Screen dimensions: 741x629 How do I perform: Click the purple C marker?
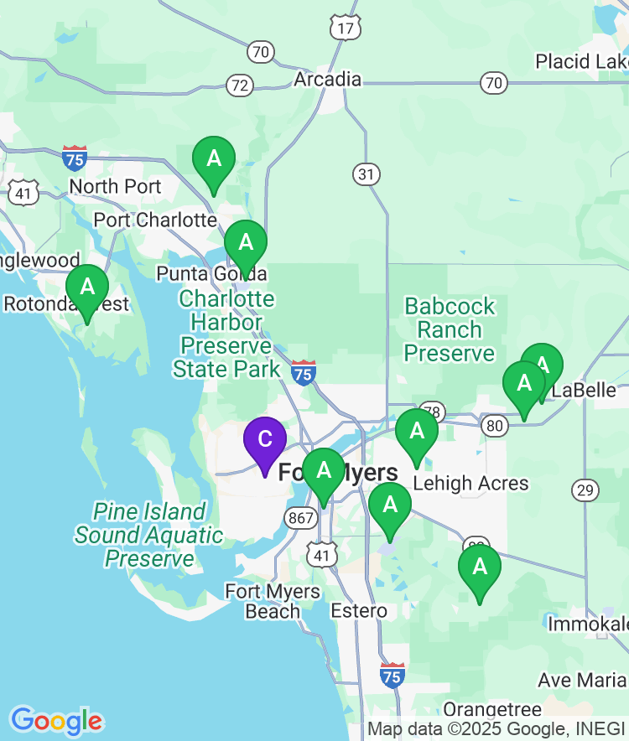click(264, 439)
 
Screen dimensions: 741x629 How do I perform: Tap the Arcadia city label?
click(328, 80)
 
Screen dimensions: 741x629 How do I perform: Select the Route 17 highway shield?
click(346, 28)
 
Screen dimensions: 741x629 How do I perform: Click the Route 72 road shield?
click(240, 85)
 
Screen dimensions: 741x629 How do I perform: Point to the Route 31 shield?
click(366, 174)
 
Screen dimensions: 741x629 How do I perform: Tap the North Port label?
click(115, 186)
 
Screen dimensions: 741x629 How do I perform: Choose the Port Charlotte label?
click(155, 220)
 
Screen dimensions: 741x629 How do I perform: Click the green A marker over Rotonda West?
click(87, 288)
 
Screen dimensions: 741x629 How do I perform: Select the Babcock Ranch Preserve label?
click(450, 329)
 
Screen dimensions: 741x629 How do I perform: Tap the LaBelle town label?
click(584, 391)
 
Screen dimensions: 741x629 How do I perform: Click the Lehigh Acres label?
click(471, 483)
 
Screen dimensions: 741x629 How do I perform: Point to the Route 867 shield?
click(299, 518)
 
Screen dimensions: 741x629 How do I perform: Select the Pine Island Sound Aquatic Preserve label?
click(149, 535)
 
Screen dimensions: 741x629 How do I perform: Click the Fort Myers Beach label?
click(273, 602)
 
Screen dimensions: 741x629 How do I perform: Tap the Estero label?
click(359, 610)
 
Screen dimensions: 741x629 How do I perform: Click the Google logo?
click(56, 721)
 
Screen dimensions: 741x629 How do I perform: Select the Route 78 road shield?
click(432, 412)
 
